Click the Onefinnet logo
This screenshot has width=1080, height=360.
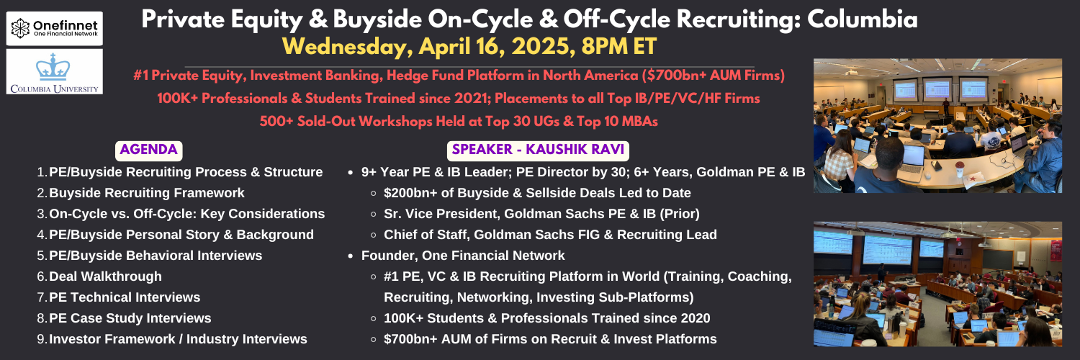(x=55, y=28)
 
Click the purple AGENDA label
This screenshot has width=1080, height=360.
(x=148, y=150)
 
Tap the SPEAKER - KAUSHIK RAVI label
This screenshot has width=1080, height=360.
(x=538, y=150)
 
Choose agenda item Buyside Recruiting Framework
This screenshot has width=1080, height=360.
(x=147, y=193)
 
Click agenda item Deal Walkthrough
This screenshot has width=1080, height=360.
(x=105, y=276)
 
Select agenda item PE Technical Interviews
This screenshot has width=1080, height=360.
(x=125, y=297)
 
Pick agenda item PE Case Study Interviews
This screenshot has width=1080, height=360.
(x=130, y=318)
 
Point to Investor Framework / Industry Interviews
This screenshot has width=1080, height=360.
(x=178, y=339)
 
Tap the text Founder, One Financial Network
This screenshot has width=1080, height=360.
(x=463, y=256)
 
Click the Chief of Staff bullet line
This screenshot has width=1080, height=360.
(x=550, y=235)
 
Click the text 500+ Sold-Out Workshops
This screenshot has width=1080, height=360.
(x=346, y=122)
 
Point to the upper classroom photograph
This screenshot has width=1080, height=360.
(x=937, y=126)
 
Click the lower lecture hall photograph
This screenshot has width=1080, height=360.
(x=937, y=284)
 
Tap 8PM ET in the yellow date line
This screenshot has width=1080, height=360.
(x=618, y=47)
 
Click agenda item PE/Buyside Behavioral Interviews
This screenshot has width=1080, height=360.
(x=156, y=256)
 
